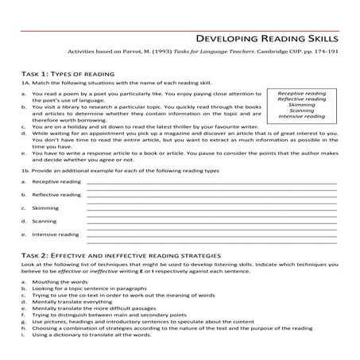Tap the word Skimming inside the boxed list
click(x=302, y=104)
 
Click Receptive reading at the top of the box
click(x=302, y=93)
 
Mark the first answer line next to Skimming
click(x=211, y=209)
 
